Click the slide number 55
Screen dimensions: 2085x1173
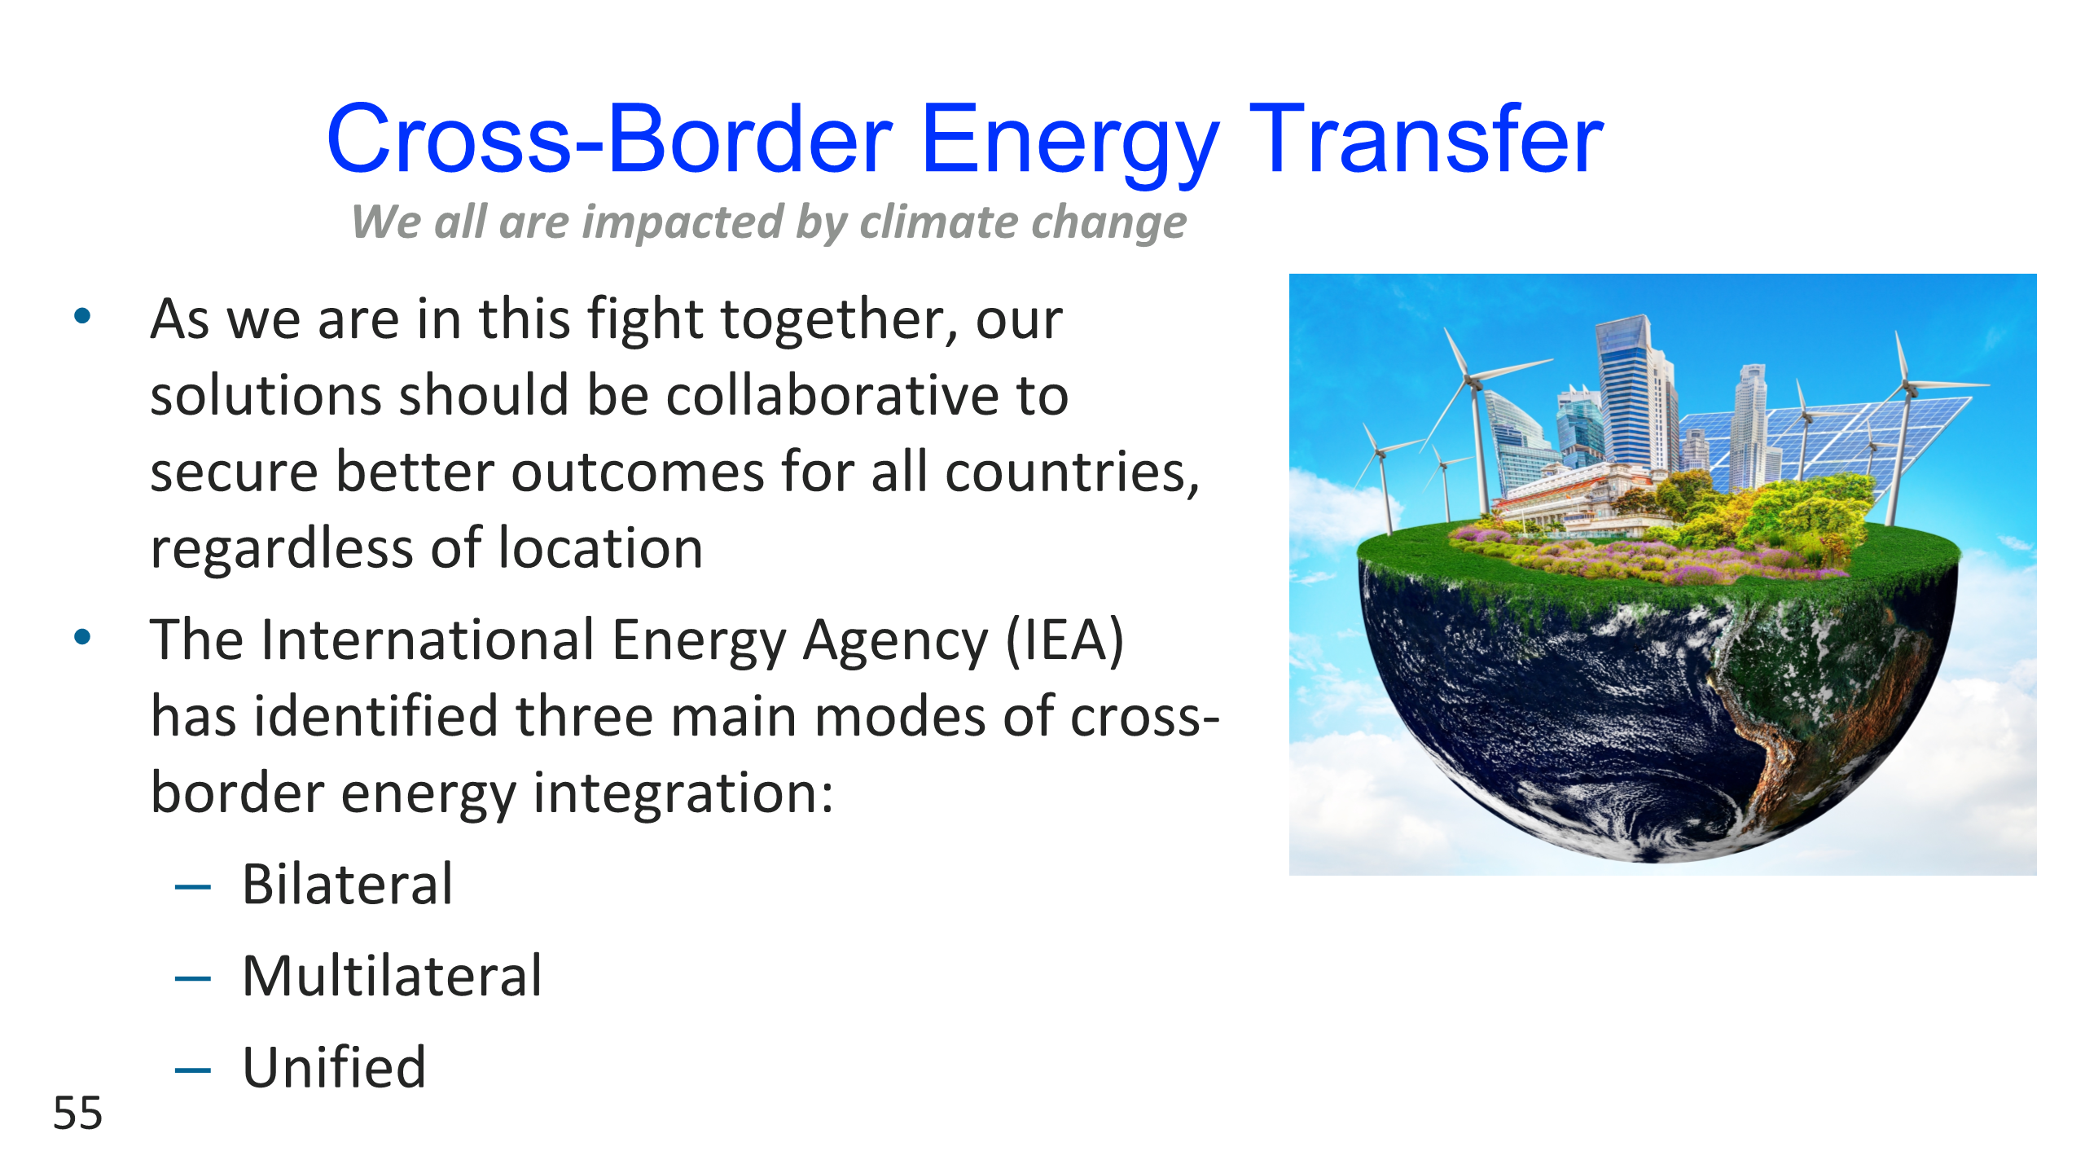click(x=78, y=1113)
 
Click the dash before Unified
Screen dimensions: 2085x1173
click(x=193, y=1070)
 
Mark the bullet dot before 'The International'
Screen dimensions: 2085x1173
click(x=82, y=636)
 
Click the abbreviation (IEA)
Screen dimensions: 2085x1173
click(x=1065, y=640)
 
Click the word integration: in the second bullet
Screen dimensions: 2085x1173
click(x=683, y=794)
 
